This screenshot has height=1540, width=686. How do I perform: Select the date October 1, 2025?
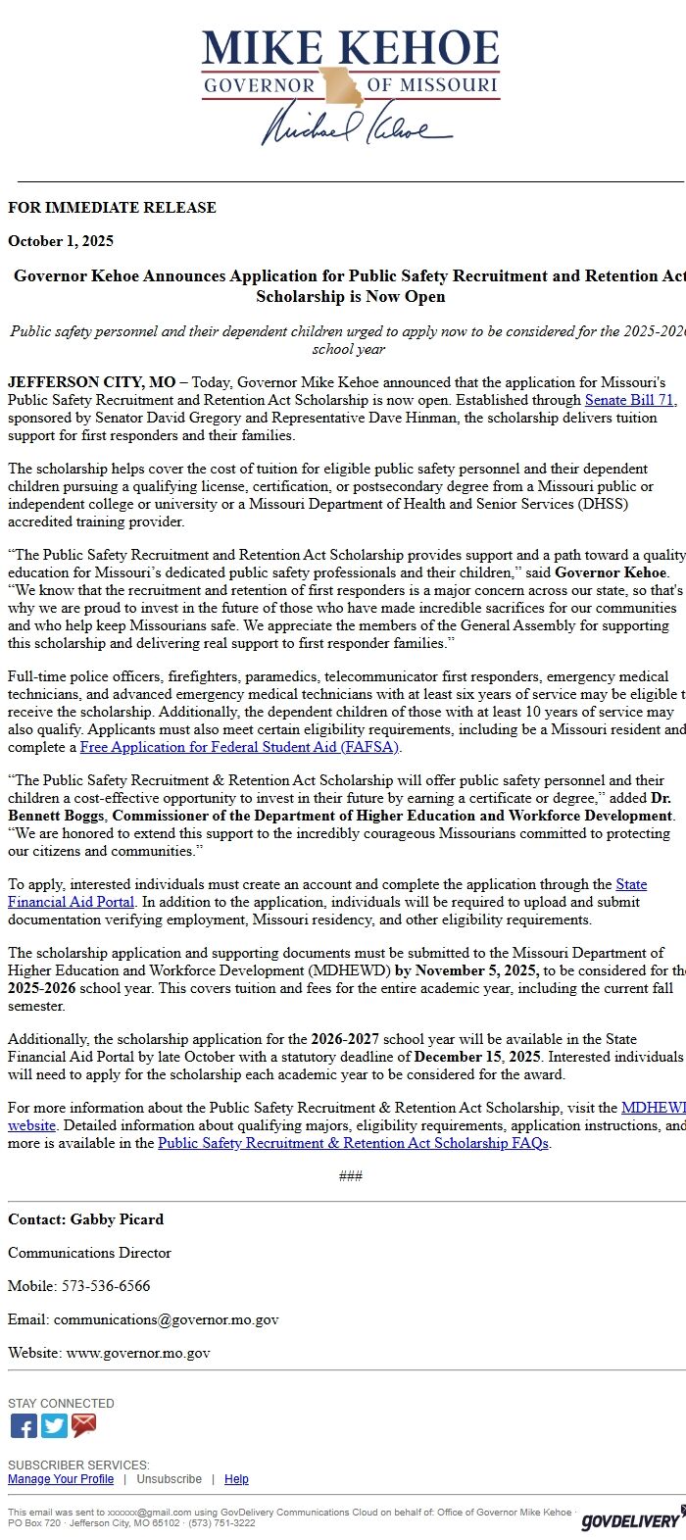61,241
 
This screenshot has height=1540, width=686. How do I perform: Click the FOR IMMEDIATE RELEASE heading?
112,208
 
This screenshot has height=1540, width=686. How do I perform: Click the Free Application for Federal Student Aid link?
240,747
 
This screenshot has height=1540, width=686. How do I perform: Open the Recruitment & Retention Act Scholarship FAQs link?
353,1143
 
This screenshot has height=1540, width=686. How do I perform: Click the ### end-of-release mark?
350,1176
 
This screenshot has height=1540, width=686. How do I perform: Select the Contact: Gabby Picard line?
86,1219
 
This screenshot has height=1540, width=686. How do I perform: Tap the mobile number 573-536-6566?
106,1286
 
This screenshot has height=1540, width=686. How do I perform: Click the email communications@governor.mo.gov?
166,1319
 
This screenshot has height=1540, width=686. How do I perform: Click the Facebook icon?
24,1426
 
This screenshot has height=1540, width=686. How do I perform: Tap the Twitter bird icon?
54,1426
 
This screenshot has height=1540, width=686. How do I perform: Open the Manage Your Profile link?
61,1479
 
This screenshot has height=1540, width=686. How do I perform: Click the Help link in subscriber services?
236,1479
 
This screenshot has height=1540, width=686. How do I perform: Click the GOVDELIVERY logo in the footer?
631,1520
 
